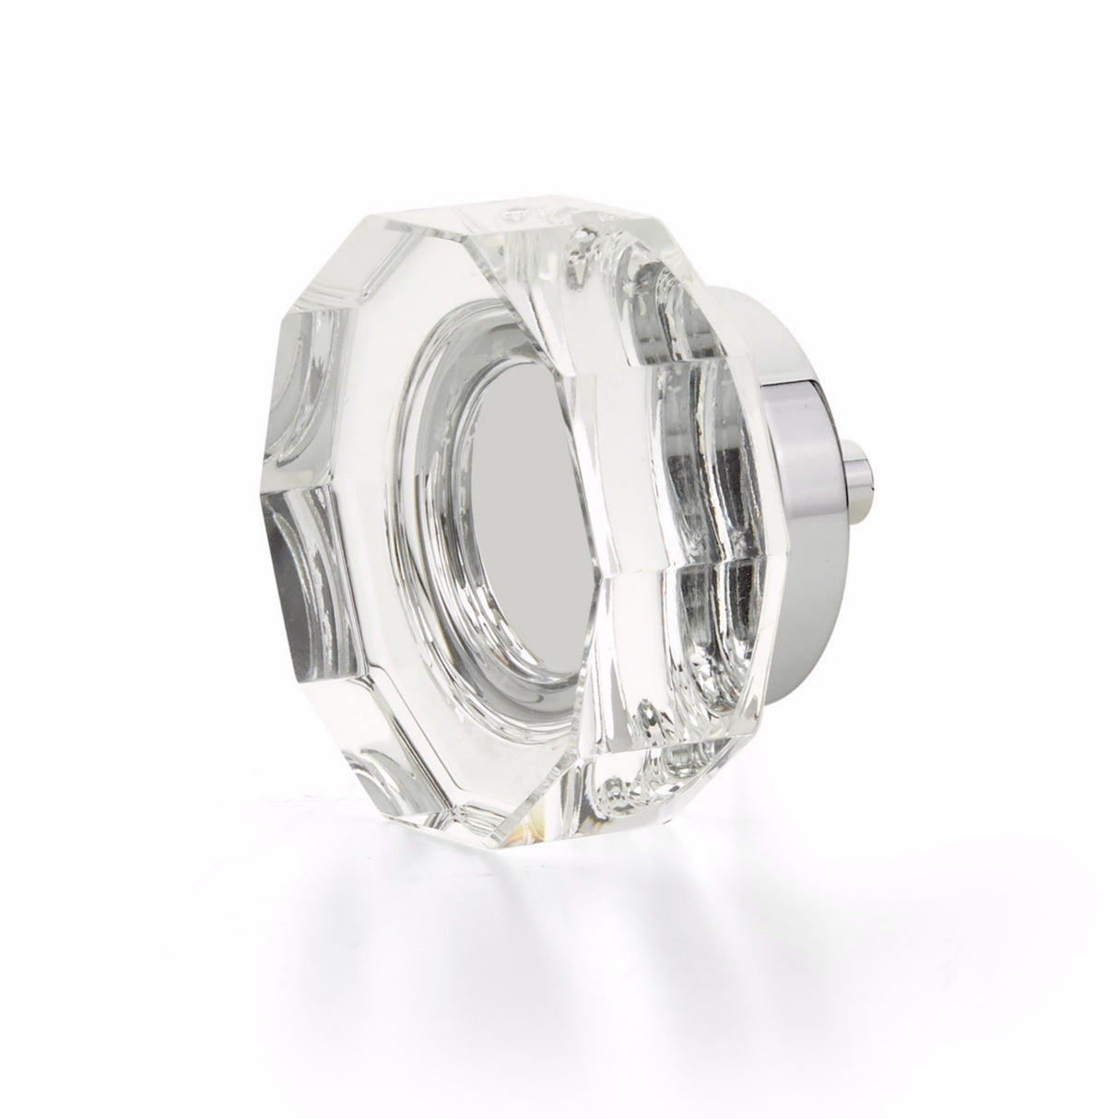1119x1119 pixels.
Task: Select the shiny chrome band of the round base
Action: (793, 461)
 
